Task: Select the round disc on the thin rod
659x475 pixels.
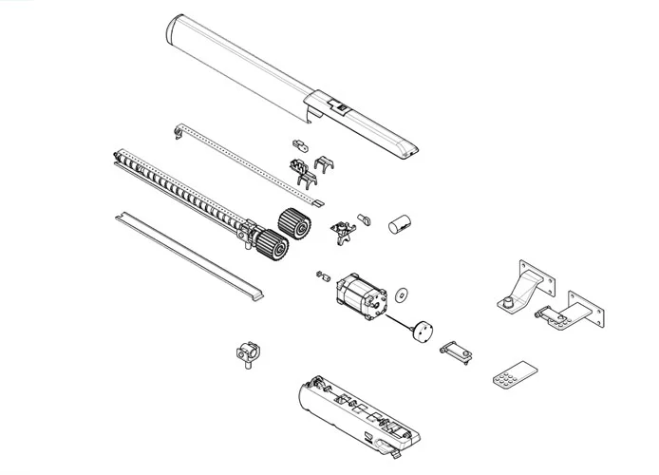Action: click(421, 332)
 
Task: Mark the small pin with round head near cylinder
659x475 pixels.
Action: click(364, 218)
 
